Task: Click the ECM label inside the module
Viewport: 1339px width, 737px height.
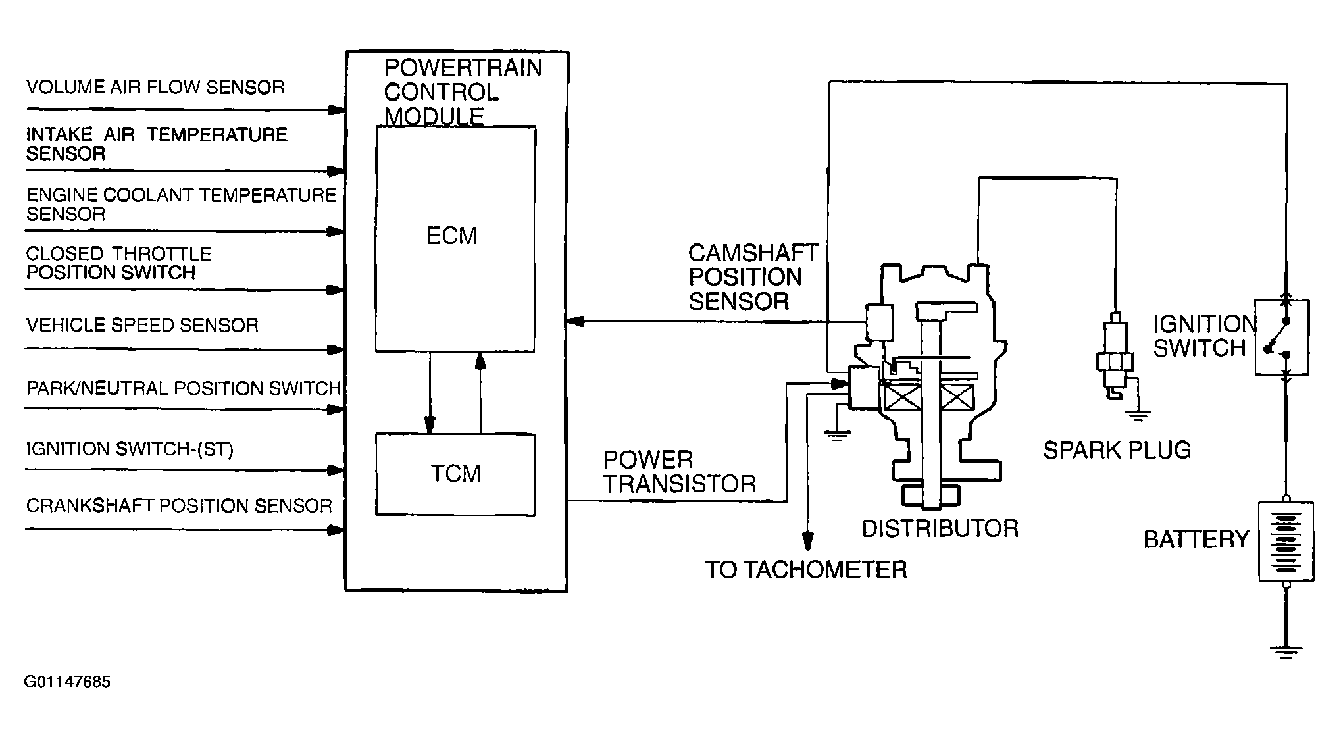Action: (451, 236)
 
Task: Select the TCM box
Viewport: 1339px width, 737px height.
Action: (455, 474)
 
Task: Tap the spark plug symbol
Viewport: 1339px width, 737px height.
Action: (1115, 359)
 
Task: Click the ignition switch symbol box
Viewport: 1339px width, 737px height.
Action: (1282, 337)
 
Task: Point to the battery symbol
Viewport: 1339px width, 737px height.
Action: (1286, 541)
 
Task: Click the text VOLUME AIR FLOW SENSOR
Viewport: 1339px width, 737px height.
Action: (155, 87)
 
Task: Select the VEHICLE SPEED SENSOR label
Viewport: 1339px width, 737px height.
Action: (142, 325)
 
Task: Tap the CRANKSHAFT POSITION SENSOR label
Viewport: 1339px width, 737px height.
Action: (179, 505)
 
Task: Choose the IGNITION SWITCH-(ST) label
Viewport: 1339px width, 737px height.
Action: (130, 449)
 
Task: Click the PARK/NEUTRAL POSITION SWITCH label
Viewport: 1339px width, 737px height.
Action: (184, 388)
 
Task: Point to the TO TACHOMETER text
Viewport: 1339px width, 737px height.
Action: (806, 569)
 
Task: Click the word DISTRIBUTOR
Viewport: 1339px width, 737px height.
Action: (940, 528)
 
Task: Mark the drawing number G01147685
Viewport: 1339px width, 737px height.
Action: (67, 682)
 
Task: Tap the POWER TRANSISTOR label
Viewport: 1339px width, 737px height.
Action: (680, 472)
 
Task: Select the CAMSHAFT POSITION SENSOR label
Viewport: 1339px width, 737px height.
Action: (753, 277)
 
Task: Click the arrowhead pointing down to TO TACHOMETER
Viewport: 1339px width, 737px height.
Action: (807, 541)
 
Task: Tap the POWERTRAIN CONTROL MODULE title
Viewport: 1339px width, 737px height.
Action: (463, 92)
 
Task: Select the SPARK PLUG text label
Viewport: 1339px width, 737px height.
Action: (1117, 450)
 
